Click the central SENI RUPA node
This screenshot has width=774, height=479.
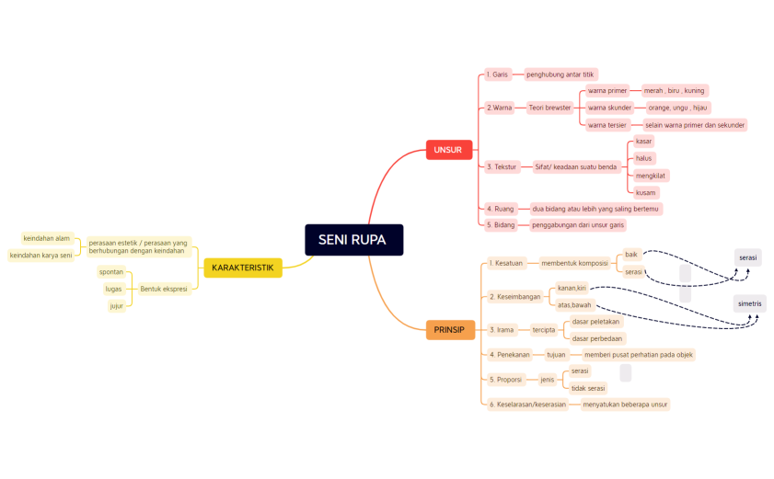coord(353,240)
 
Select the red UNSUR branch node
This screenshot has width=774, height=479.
coord(448,150)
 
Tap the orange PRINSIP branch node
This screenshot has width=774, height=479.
coord(450,329)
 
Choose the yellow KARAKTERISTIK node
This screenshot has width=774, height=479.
coord(242,268)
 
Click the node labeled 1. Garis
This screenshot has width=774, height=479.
coord(497,74)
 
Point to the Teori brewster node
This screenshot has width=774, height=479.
coord(549,108)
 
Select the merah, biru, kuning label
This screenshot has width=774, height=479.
coord(674,91)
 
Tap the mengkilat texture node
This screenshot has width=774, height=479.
coord(651,175)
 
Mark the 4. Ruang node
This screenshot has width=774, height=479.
coord(501,209)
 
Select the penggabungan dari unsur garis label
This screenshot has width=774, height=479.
coord(578,224)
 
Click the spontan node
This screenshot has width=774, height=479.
coord(111,272)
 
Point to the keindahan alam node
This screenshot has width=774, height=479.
coord(47,238)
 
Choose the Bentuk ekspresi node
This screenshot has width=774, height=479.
coord(164,289)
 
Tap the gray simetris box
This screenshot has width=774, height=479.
coord(750,302)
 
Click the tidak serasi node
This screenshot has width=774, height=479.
coord(587,388)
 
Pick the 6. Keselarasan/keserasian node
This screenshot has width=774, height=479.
coord(527,404)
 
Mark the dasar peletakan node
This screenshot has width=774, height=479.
coord(596,322)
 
